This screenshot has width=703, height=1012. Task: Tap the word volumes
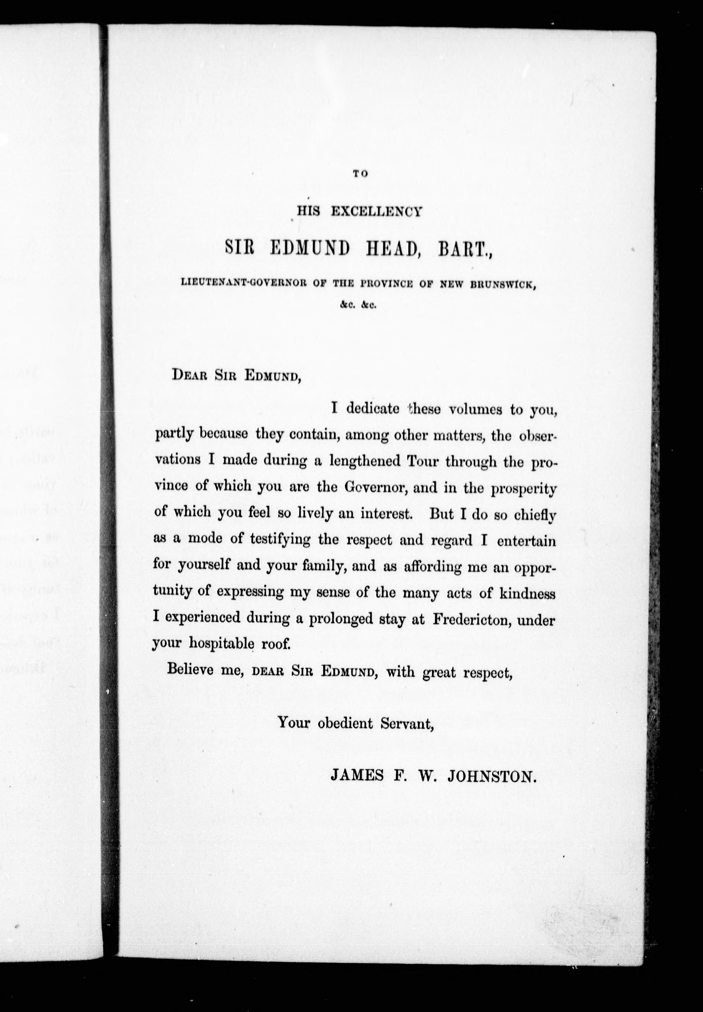[x=475, y=409]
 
